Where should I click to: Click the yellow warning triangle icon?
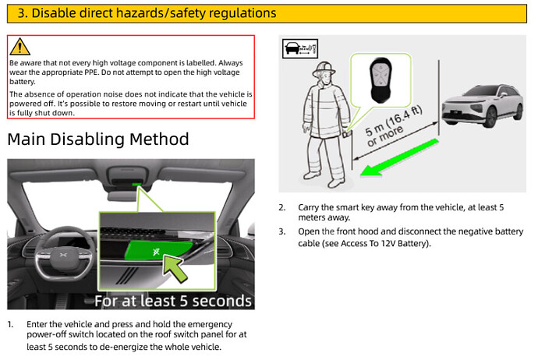[20, 47]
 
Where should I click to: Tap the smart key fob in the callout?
[380, 80]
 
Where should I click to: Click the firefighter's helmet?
[324, 69]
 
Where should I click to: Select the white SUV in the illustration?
[483, 106]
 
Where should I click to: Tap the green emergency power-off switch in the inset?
[158, 250]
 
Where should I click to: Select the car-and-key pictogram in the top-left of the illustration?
[300, 48]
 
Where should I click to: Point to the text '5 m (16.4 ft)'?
[394, 121]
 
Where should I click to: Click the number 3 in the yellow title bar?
[22, 13]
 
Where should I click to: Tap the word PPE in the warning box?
[91, 72]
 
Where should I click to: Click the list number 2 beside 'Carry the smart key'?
[281, 207]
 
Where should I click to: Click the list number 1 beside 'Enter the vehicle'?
[11, 324]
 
